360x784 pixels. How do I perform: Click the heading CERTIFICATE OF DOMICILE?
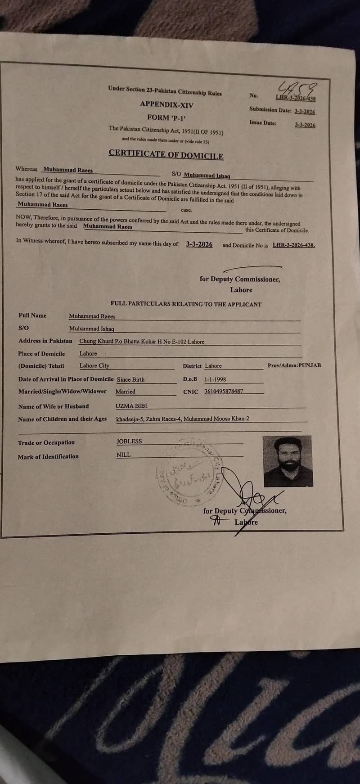pos(166,154)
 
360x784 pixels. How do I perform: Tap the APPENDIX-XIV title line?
pos(166,104)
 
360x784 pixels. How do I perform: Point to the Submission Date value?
pos(305,112)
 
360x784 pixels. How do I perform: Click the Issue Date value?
pos(305,125)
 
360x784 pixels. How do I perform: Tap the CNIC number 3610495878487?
pos(224,391)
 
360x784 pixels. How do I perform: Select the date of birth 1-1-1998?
pos(215,379)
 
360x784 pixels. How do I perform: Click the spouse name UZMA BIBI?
pos(131,406)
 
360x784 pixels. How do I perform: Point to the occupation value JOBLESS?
pos(129,441)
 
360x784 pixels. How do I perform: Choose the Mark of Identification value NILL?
pos(123,455)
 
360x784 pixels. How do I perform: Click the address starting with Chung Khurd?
pos(142,342)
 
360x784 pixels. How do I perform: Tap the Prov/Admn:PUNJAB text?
pos(294,365)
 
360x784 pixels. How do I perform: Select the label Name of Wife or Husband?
pos(54,406)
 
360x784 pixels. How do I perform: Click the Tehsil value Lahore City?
pos(94,365)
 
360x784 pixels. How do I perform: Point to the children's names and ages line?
pos(183,419)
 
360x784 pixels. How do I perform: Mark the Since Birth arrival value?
pos(131,379)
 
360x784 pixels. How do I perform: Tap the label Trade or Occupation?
pos(46,443)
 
